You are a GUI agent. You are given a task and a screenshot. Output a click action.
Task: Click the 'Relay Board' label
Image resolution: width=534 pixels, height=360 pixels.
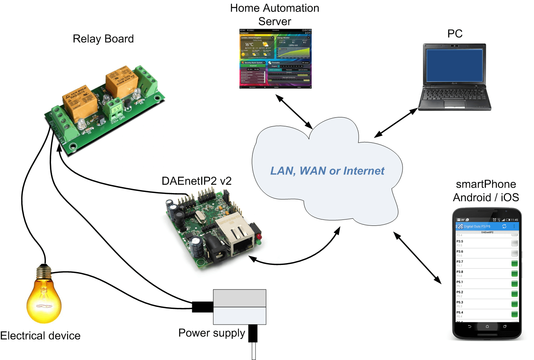pos(103,39)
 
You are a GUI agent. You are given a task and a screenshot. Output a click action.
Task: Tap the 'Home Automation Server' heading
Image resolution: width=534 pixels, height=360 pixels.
pos(274,15)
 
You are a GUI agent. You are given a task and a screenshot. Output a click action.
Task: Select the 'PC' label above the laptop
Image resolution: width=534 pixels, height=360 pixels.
pos(455,34)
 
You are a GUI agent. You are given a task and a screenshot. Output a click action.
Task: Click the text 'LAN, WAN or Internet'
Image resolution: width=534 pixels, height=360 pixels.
pos(327,171)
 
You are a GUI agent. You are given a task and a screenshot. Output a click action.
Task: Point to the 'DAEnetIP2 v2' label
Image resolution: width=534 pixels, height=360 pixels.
pos(196,181)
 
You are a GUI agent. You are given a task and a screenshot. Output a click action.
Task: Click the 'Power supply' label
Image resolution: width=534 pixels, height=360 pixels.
pos(212,333)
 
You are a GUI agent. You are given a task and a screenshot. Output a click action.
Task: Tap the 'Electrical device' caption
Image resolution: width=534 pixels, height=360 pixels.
pos(40,336)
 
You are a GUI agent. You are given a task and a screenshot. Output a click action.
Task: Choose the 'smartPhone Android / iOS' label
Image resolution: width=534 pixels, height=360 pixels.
pos(486,190)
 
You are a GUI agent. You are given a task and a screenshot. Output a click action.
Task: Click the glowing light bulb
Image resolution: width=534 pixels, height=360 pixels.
pos(44,296)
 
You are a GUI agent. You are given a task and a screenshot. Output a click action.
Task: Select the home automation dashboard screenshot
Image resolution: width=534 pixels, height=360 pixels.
pos(275,59)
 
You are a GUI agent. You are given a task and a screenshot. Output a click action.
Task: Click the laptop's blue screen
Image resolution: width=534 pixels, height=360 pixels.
pos(454,65)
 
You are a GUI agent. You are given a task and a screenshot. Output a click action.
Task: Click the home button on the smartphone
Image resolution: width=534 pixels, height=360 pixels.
pos(487,326)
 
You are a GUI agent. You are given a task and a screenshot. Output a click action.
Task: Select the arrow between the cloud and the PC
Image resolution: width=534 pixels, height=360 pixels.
pos(396,123)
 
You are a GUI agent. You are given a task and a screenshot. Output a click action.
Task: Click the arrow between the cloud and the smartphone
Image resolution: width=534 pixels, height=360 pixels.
pos(417,258)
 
